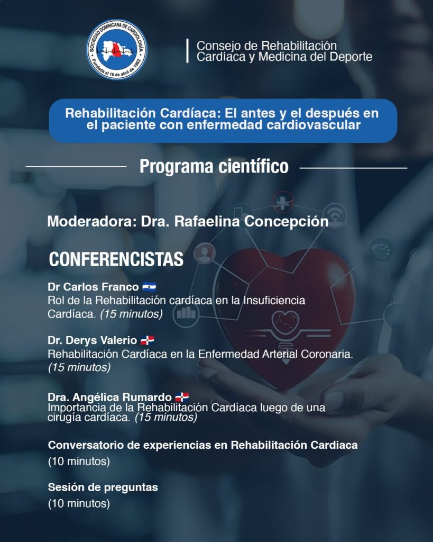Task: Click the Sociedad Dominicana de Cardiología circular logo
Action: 117,49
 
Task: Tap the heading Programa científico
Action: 214,167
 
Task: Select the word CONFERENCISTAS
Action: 116,259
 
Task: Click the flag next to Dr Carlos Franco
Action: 149,287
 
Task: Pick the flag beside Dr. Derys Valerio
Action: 148,340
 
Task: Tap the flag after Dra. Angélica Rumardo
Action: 182,397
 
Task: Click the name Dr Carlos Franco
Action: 93,287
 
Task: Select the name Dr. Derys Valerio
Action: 92,340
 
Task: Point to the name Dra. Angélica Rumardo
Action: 109,397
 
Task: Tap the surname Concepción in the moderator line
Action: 287,222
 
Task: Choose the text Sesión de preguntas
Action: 103,487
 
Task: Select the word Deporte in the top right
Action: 351,57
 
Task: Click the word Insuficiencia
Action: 274,300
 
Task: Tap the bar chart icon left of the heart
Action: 186,313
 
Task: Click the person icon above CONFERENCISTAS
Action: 205,254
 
